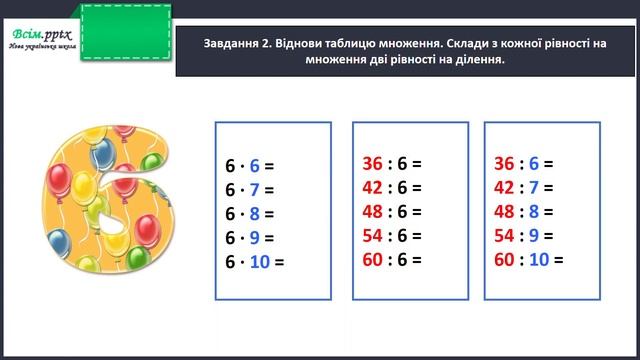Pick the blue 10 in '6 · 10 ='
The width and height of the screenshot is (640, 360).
click(259, 262)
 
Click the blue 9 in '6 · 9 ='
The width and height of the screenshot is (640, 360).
click(254, 238)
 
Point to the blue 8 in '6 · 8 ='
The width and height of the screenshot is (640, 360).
click(254, 214)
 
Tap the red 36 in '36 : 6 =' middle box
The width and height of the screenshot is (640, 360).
click(373, 163)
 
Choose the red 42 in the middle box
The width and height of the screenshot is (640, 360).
click(373, 187)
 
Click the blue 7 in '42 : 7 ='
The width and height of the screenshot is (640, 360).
click(533, 187)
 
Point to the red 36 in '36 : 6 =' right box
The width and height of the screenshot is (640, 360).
click(504, 163)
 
